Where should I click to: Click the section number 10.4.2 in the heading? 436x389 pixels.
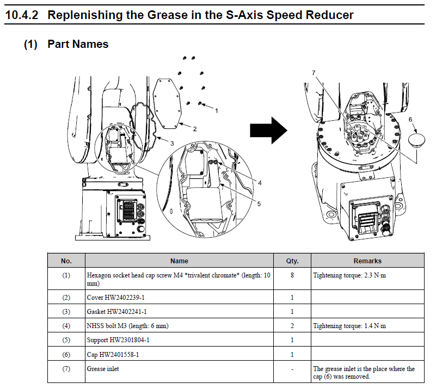pos(22,14)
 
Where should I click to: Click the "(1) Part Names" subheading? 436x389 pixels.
pos(66,44)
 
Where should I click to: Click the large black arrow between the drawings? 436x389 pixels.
pos(268,131)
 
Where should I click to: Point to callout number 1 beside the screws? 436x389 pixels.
pos(216,110)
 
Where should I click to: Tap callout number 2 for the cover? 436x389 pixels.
pos(194,129)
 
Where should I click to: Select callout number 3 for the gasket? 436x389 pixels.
pos(171,144)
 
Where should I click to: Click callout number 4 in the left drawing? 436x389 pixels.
pos(260,183)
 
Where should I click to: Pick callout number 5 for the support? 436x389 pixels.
pos(259,204)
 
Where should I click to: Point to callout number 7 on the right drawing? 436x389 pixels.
pos(314,72)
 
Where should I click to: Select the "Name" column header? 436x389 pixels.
pos(179,261)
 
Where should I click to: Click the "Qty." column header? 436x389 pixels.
pos(292,261)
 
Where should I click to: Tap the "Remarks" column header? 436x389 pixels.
pos(367,261)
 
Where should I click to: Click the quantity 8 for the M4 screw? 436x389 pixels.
pos(292,275)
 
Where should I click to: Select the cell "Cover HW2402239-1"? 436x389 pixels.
pos(116,298)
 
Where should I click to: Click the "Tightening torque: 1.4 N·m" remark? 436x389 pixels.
pos(349,326)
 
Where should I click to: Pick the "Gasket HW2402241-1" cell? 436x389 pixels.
pos(117,312)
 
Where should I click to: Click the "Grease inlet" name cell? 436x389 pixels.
pos(103,369)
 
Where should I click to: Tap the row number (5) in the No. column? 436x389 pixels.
pos(66,340)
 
